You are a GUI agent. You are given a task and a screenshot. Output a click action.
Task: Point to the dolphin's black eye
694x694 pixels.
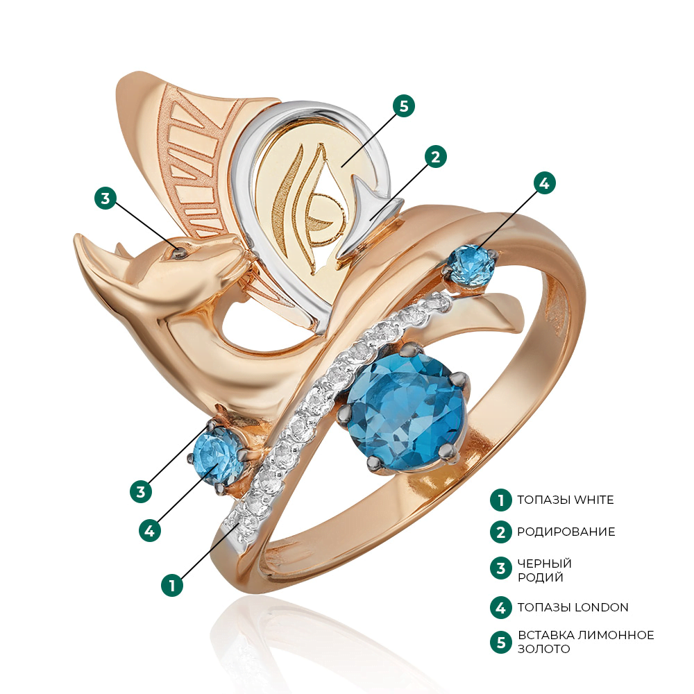coord(180,253)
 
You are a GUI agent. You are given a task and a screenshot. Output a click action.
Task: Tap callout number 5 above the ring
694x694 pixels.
coord(404,106)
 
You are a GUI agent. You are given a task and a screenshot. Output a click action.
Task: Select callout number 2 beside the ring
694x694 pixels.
coord(436,157)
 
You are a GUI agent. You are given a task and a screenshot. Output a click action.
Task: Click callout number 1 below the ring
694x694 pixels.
coord(172,585)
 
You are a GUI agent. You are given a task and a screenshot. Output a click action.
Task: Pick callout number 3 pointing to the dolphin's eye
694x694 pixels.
coord(105,198)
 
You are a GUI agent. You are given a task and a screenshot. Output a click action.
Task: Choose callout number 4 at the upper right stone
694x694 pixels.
coord(544,183)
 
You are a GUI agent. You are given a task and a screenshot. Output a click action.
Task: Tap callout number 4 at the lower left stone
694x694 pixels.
coord(150,530)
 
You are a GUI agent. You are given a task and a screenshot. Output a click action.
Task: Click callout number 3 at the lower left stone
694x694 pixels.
coord(141,492)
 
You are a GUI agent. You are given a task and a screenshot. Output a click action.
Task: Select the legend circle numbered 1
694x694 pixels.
coord(501,500)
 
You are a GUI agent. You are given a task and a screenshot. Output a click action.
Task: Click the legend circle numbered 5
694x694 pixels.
coord(501,642)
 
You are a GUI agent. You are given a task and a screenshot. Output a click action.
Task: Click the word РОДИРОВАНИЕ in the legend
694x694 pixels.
coord(566,532)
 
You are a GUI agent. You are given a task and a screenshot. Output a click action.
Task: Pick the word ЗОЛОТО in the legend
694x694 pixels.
coord(544,649)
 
